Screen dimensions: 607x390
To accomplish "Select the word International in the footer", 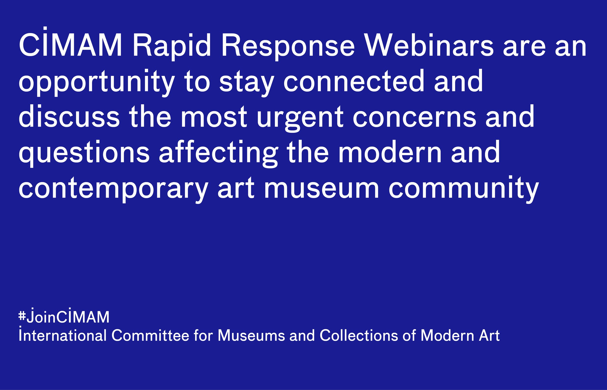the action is pyautogui.click(x=62, y=335).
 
